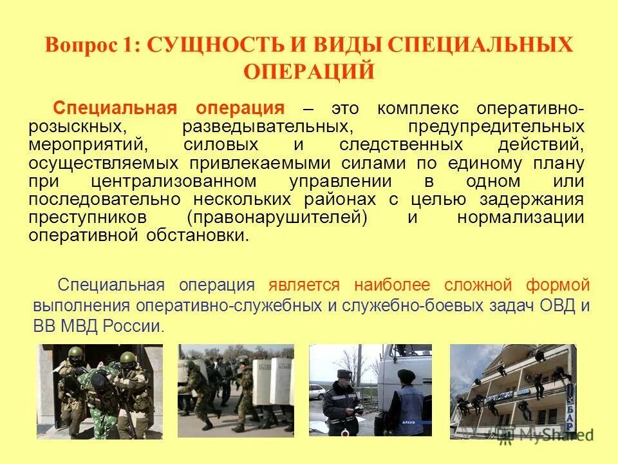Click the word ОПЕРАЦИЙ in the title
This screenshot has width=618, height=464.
308,72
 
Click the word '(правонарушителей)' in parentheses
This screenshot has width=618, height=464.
277,217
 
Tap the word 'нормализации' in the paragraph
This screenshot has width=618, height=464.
521,217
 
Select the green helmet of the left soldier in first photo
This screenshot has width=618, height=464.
75,353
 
